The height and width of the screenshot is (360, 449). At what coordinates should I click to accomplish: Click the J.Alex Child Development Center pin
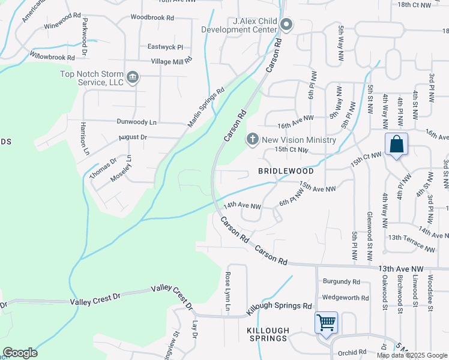coord(286,25)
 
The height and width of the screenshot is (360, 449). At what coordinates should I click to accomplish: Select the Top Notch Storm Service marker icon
coord(133,77)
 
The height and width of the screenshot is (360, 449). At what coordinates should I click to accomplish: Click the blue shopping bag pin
coord(396,145)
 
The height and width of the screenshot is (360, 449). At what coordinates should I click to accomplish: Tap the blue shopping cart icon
coord(326,322)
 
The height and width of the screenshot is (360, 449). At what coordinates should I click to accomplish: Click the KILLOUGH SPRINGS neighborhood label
coord(268,335)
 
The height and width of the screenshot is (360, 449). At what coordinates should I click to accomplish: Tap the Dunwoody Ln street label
coord(136,122)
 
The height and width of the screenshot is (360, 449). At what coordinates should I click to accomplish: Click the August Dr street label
coord(133,137)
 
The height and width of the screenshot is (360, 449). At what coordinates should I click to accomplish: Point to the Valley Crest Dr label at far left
coord(95,298)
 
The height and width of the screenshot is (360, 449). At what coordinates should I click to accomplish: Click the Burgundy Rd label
coord(341,281)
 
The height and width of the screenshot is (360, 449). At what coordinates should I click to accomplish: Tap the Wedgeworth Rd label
coord(345,297)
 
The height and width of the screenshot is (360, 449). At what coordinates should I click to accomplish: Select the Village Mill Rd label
coord(171,61)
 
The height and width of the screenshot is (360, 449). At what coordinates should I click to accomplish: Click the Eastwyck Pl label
coord(165,47)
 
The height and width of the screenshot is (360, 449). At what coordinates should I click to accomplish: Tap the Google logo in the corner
coord(20,353)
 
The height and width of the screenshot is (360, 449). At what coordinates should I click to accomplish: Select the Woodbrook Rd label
coord(152,17)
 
